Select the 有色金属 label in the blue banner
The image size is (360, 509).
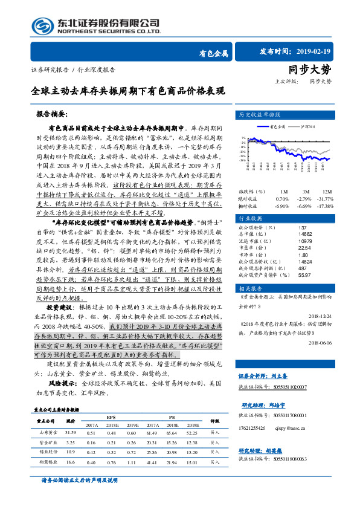click(214, 53)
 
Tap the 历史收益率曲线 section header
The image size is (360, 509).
click(259, 114)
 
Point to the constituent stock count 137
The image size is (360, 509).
click(303, 210)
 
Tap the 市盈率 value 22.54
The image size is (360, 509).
click(304, 230)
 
